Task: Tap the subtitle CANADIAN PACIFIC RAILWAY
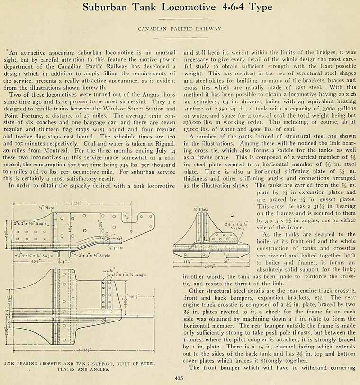coord(180,29)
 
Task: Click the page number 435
coord(180,378)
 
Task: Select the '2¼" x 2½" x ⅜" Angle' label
coord(34,255)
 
